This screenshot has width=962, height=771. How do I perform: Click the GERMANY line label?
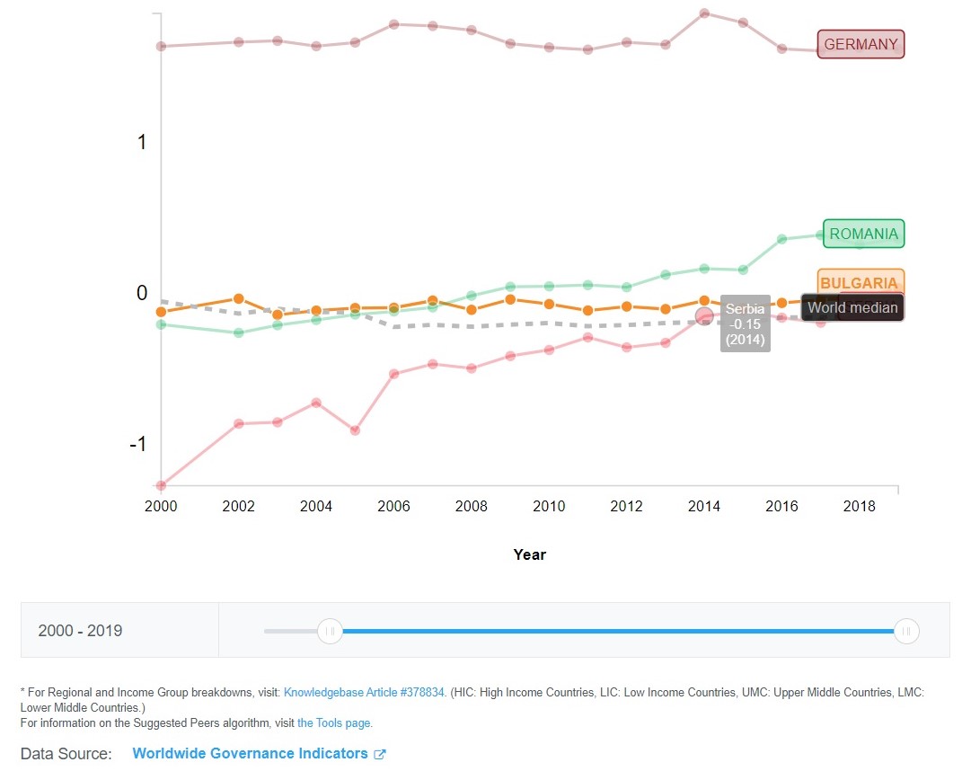pos(861,44)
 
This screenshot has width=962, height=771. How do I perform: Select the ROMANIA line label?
pos(863,234)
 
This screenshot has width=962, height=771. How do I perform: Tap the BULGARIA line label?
pos(859,282)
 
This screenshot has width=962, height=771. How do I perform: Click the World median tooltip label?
pos(852,307)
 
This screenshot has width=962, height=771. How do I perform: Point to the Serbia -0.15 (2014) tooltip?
pos(746,323)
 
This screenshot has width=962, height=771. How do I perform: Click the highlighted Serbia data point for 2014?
pos(704,315)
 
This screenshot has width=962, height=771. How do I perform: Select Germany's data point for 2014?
pos(704,13)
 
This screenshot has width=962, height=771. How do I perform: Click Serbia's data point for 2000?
pos(161,485)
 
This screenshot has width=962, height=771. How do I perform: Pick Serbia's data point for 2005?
pos(355,430)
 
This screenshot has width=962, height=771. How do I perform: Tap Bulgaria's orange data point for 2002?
pos(238,298)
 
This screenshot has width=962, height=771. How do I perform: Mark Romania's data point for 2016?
pos(781,239)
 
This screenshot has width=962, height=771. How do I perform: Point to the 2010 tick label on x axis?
pos(549,506)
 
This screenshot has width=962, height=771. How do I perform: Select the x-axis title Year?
pos(529,554)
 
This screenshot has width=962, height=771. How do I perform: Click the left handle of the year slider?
pos(330,631)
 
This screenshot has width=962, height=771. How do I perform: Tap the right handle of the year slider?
pos(906,631)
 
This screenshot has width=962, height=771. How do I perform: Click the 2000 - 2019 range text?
pos(80,631)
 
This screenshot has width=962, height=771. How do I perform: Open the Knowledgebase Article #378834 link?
pos(364,693)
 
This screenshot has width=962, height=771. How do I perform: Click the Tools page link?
pos(334,722)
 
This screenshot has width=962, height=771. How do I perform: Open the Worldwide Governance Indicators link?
pos(251,753)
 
